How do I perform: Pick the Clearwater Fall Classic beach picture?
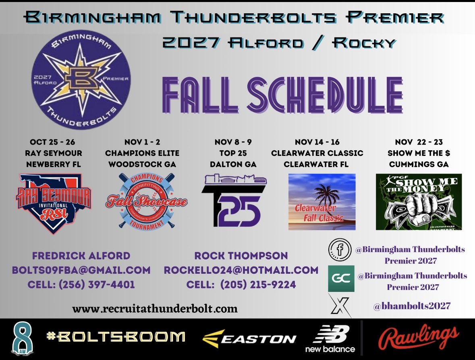click(x=322, y=202)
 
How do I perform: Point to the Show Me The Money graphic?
click(x=419, y=202)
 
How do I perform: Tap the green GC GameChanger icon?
click(x=341, y=278)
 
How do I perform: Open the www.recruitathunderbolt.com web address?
click(x=155, y=309)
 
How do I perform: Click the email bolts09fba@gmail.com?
click(x=81, y=270)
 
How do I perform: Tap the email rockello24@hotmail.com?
click(x=241, y=270)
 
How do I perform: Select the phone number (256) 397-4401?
click(x=97, y=284)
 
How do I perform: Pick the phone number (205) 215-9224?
click(x=258, y=284)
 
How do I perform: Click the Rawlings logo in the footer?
click(x=419, y=338)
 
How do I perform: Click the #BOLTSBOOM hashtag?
click(x=115, y=337)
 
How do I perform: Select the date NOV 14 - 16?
click(x=317, y=142)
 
